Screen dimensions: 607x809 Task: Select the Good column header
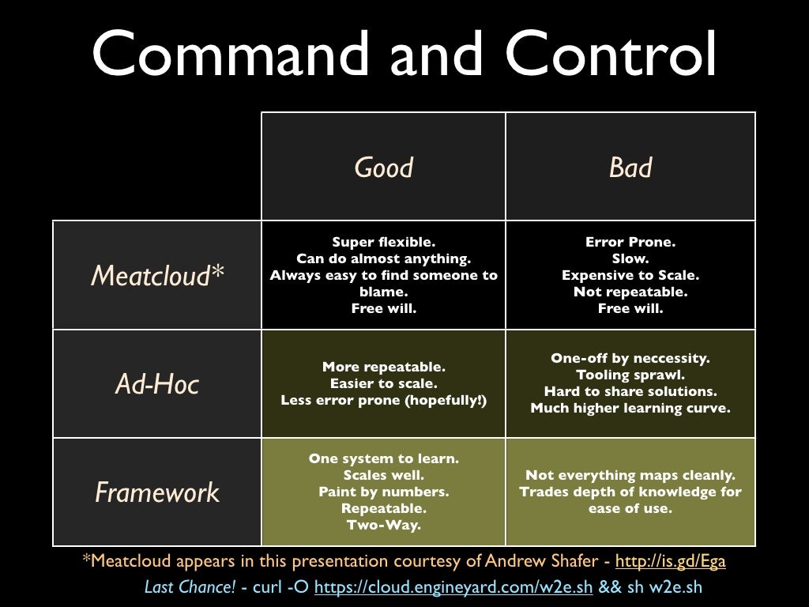[384, 168]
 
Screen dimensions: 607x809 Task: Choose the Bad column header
[630, 168]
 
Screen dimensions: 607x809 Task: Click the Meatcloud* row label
[157, 275]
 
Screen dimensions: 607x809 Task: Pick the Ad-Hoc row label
[157, 384]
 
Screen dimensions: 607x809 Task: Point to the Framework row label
[157, 492]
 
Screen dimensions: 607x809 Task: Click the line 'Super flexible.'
[384, 242]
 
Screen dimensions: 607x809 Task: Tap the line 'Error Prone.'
[630, 242]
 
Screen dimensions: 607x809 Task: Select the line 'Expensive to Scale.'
[630, 275]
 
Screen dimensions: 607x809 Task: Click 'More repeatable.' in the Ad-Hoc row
[384, 367]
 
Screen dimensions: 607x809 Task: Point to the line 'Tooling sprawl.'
[630, 375]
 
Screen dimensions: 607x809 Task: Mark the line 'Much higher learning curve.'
[630, 408]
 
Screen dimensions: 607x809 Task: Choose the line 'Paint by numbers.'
[384, 492]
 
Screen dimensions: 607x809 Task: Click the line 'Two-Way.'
[384, 525]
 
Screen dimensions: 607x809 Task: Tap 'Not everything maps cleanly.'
[630, 475]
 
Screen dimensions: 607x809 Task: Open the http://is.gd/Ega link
[670, 561]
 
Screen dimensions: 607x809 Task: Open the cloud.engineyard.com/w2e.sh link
[453, 587]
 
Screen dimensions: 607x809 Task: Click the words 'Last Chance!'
[190, 587]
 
